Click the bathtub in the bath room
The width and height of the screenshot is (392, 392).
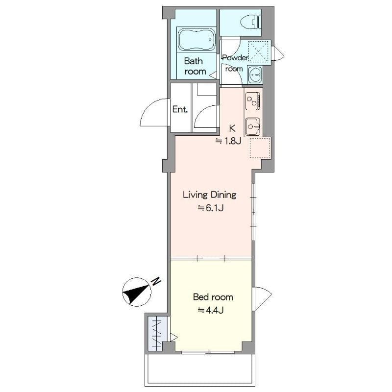[x=196, y=39]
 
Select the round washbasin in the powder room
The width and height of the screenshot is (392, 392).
[x=255, y=75]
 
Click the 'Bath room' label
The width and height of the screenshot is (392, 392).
[x=195, y=67]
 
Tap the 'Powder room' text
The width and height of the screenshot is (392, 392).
[x=235, y=63]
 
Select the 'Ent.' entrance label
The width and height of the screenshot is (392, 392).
[x=180, y=110]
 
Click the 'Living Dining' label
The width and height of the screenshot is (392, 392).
[x=209, y=195]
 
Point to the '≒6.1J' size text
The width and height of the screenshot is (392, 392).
[x=211, y=208]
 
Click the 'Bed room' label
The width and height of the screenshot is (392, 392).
[x=213, y=297]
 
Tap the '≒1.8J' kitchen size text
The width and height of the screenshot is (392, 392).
[x=228, y=141]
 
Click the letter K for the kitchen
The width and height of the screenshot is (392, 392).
[x=233, y=129]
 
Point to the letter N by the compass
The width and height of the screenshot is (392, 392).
[x=156, y=281]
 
